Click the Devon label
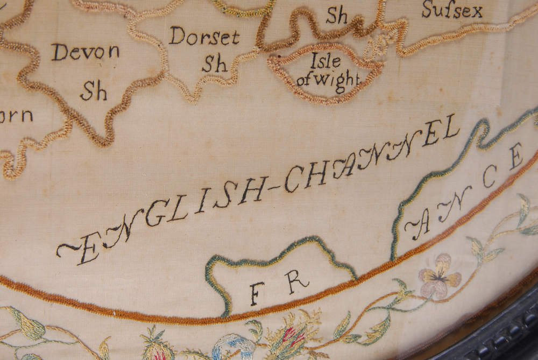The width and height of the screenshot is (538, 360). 86,53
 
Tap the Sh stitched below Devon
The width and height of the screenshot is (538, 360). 94,91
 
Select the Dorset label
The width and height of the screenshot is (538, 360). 204,36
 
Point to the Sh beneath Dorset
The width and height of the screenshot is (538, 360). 214,63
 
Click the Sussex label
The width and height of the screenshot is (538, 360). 452,9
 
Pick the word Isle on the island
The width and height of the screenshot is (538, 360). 325,61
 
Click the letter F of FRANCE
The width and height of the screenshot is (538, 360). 257,294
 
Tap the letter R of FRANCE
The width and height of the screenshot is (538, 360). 297,281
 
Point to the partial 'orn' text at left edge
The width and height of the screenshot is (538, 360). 16,115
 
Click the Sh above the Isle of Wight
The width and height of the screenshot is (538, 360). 337,16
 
